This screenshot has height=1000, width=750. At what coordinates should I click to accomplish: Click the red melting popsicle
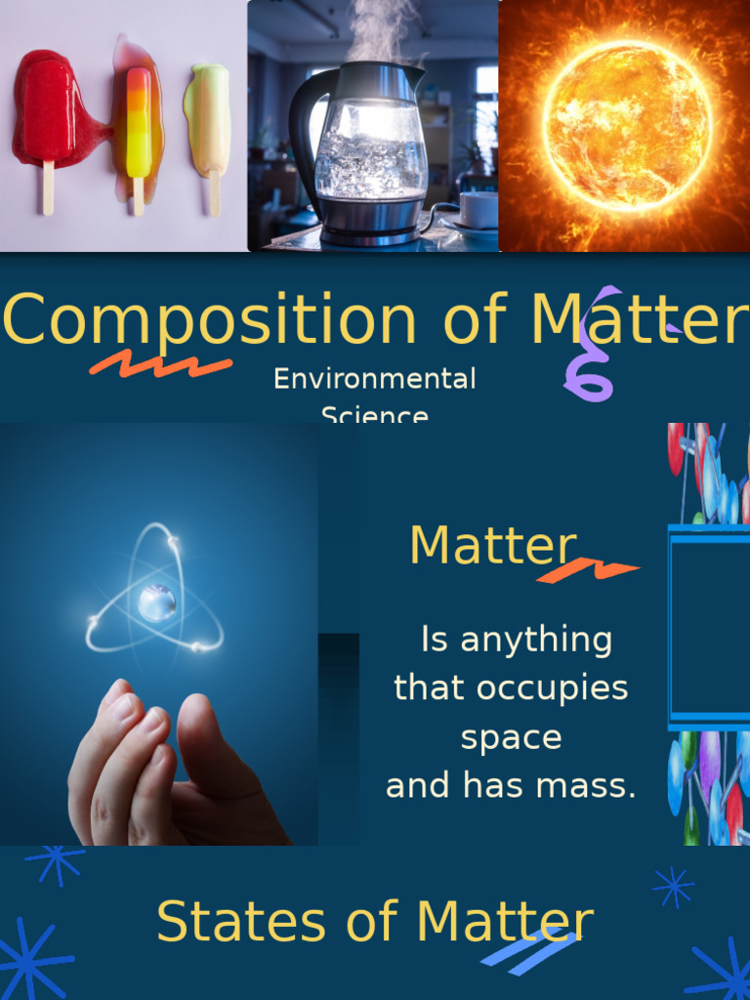tap(47, 112)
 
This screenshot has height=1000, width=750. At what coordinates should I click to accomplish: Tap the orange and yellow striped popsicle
tap(139, 122)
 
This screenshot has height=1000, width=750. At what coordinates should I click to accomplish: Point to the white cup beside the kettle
tap(478, 209)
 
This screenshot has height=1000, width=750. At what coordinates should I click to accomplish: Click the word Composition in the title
tap(210, 320)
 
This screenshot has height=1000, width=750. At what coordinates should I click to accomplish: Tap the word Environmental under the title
tap(374, 379)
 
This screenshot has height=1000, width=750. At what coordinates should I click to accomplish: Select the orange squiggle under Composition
tap(160, 365)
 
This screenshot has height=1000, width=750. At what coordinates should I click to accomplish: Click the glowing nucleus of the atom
tap(156, 603)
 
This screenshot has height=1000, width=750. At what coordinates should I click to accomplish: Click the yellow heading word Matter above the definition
tap(492, 545)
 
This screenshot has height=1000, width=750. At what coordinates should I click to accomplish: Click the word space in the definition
tap(511, 737)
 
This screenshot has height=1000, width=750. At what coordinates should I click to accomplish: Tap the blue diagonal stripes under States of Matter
tap(527, 951)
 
